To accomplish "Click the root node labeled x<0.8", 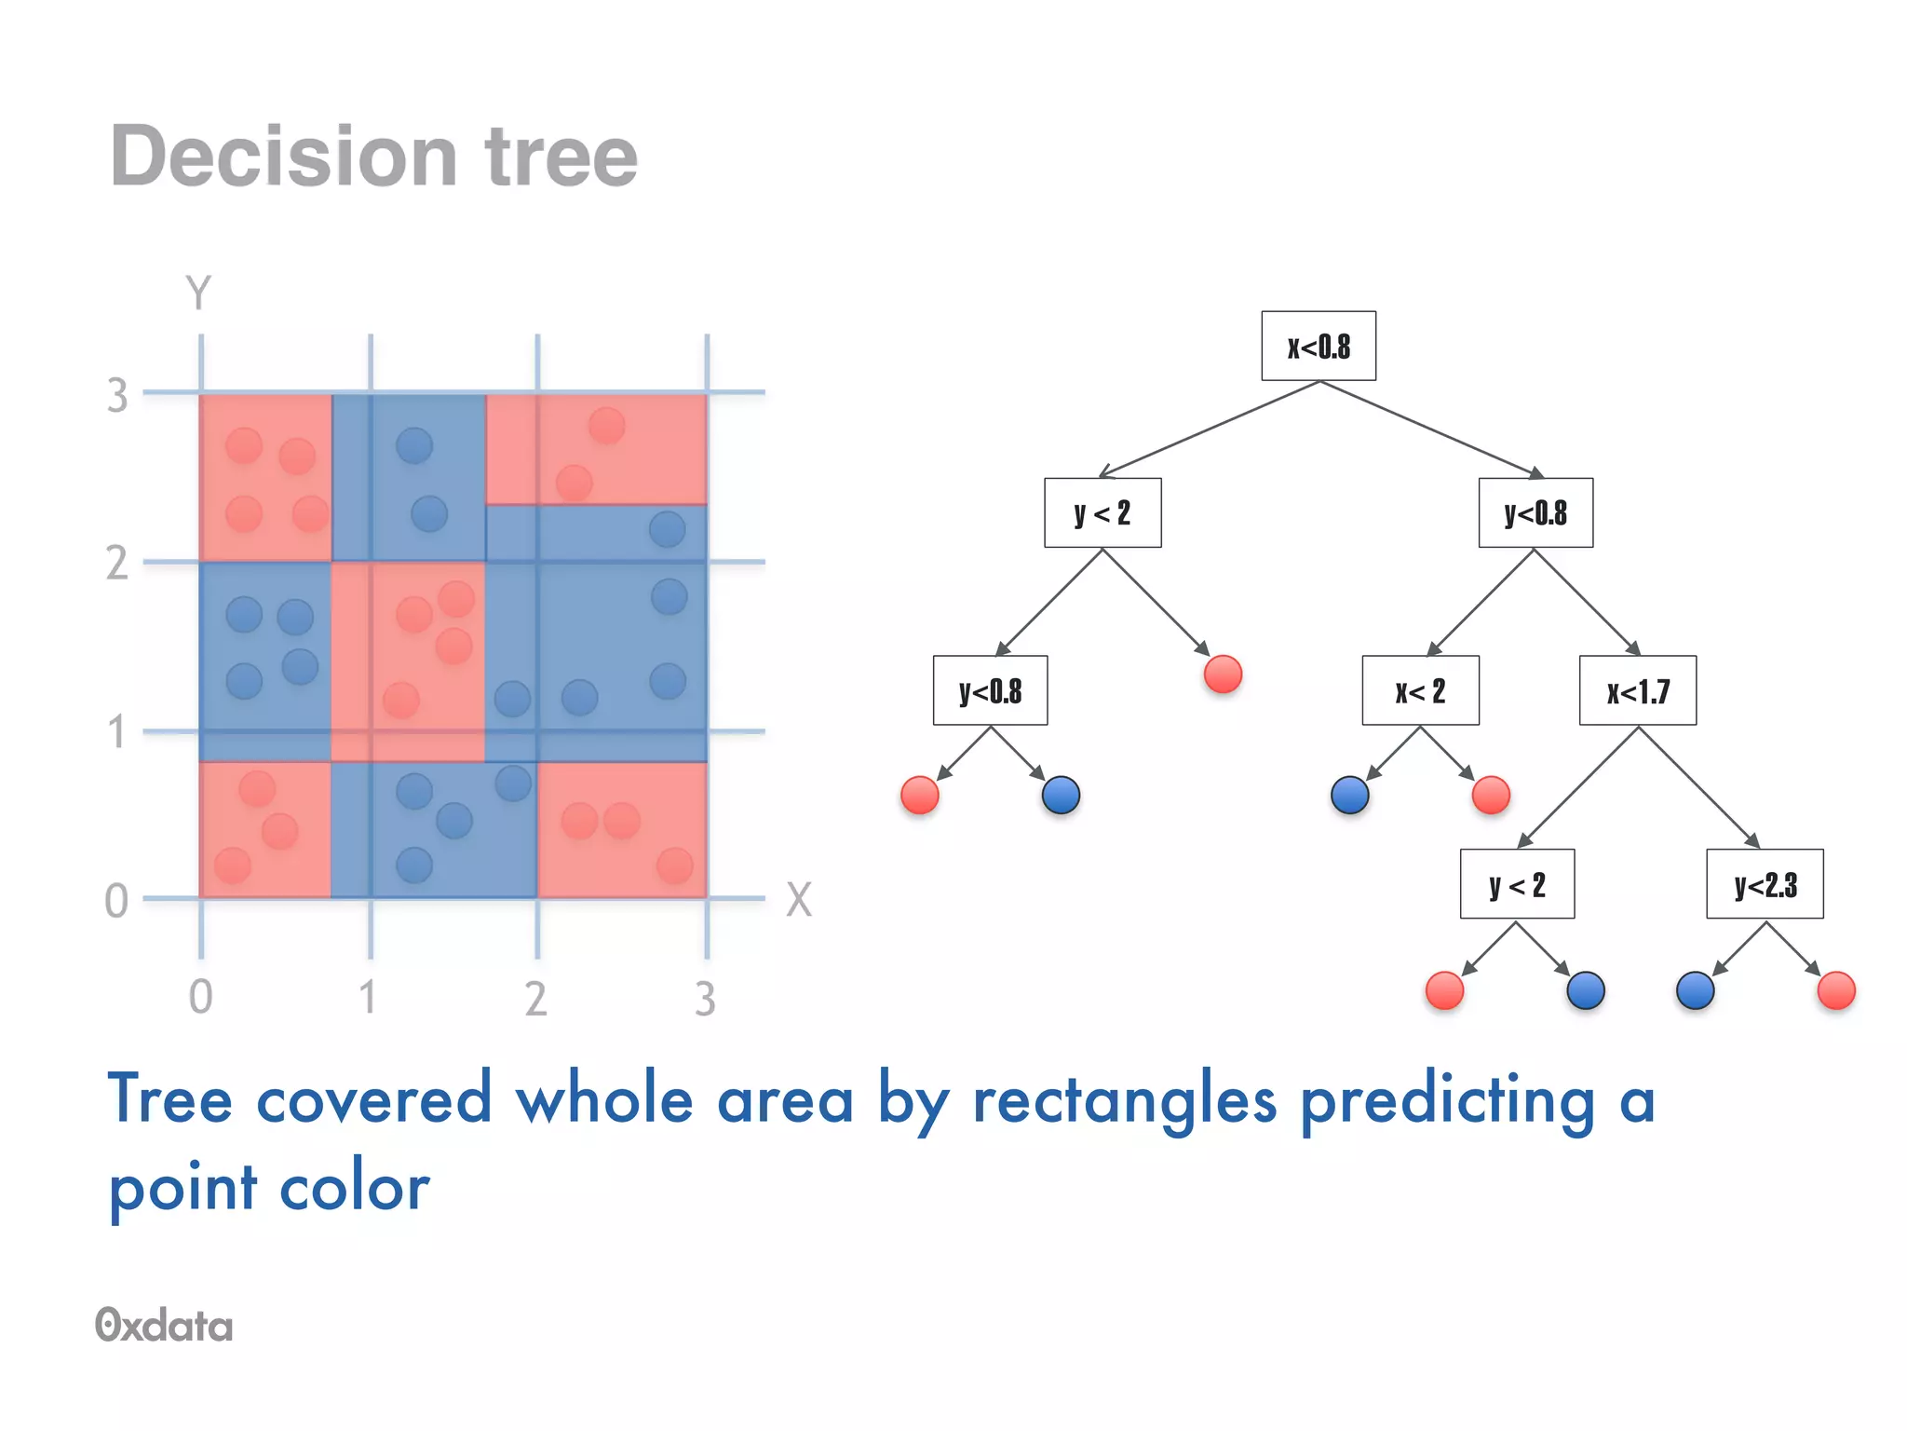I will coord(1318,347).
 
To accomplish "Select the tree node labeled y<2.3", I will coord(1764,884).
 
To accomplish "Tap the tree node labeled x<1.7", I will coord(1637,691).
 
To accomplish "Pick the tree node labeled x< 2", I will coord(1419,691).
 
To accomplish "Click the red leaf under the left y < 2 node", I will coord(1223,674).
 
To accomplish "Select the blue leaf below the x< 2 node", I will coord(1349,795).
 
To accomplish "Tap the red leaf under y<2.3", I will coord(1835,990).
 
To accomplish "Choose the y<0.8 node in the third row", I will coord(990,691).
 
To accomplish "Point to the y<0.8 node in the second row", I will coord(1535,512).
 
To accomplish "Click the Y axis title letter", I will coord(198,293).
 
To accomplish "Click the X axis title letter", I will coord(799,900).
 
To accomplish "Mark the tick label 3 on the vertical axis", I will coord(117,396).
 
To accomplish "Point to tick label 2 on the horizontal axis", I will coord(535,999).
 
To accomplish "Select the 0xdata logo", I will coord(164,1325).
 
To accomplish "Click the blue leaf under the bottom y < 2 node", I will coord(1585,990).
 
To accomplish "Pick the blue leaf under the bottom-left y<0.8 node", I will coord(1061,795).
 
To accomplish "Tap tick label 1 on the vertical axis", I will coord(116,732).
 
